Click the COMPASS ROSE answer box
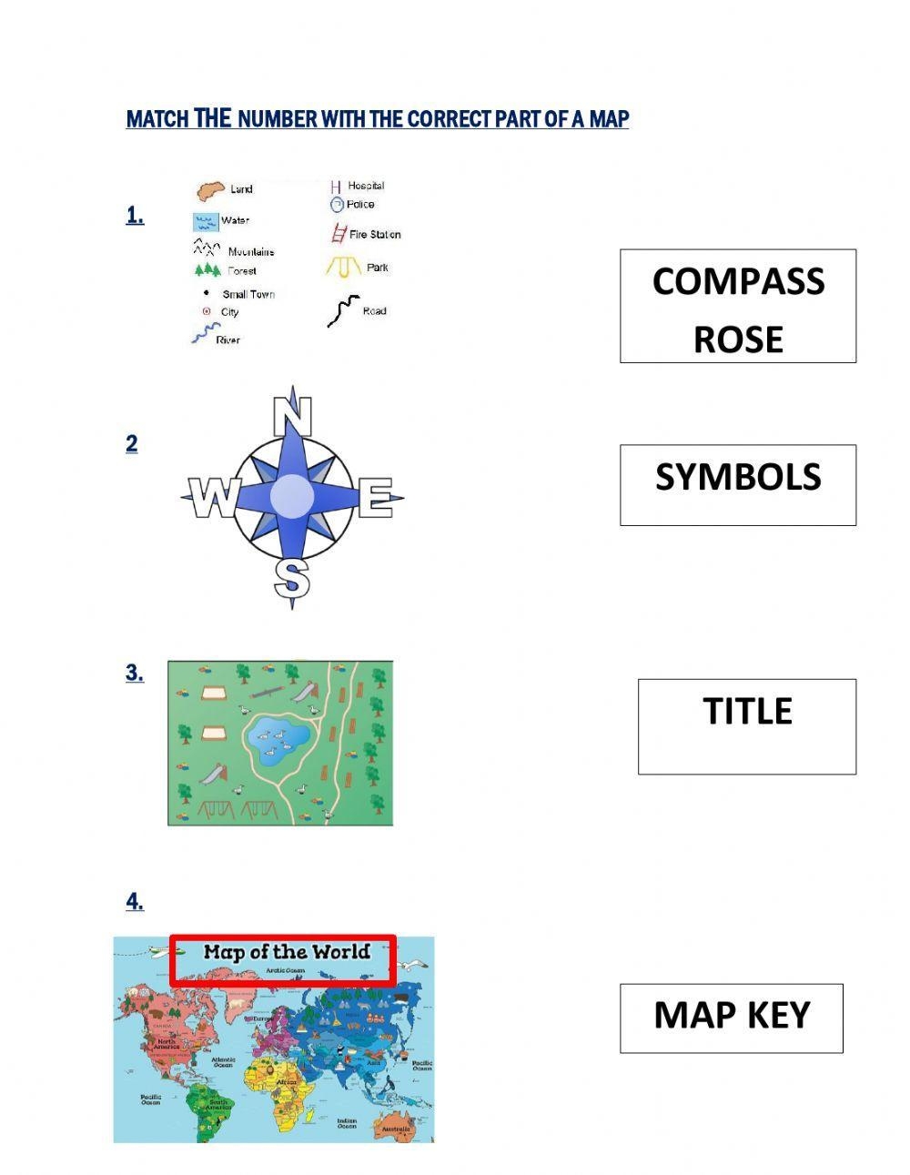738,306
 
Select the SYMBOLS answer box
738,484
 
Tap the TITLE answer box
747,725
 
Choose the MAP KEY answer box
732,1018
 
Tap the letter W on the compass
213,499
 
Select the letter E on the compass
374,499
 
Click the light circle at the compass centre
292,495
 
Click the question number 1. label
135,216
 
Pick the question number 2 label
132,444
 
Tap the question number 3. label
135,674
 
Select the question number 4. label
135,902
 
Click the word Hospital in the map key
366,186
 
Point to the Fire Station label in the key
375,235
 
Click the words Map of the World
287,952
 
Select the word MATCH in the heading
157,119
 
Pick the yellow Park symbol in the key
344,267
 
